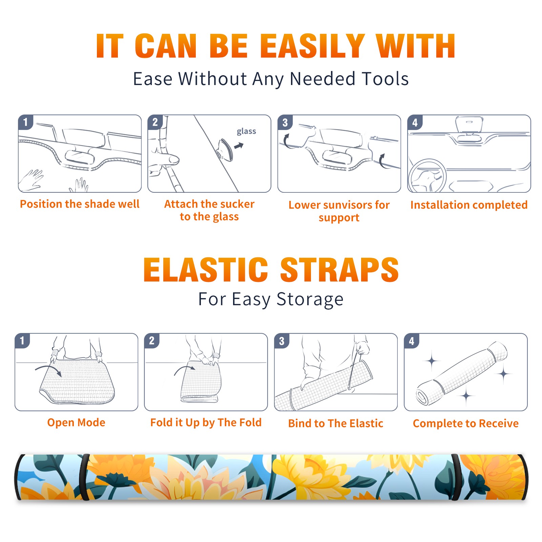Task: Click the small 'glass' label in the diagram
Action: coord(246,131)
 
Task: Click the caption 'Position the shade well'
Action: coord(80,204)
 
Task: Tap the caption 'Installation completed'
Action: coord(469,205)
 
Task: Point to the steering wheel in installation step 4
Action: coord(427,176)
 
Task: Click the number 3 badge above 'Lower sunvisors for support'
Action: coord(285,122)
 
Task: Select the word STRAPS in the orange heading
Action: coord(339,270)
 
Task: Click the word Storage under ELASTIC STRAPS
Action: coord(310,299)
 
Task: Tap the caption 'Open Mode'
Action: coord(76,422)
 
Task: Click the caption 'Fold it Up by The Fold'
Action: coord(206,422)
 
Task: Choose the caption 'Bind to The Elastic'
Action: coord(336,423)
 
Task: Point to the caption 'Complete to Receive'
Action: coord(466,423)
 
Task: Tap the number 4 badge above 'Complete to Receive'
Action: coord(412,341)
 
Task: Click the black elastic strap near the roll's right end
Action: coord(456,477)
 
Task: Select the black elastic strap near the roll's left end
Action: coord(84,477)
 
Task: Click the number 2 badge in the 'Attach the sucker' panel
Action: coord(155,122)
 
